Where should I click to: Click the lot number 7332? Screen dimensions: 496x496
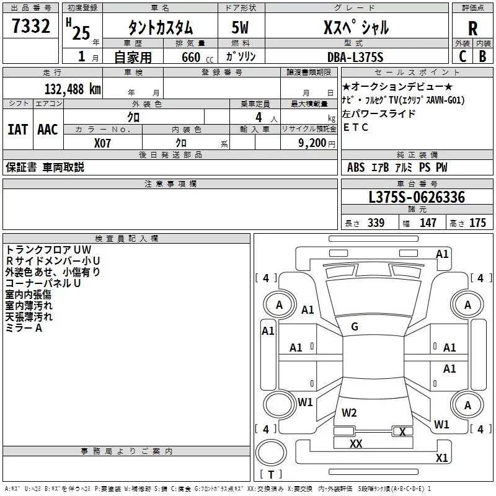(x=32, y=27)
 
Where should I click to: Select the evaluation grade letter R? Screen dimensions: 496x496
(x=472, y=28)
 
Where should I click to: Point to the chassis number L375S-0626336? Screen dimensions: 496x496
(x=417, y=198)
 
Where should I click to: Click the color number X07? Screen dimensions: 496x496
(x=103, y=143)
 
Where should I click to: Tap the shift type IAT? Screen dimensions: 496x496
(x=17, y=130)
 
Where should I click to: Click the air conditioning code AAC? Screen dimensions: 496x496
(x=47, y=130)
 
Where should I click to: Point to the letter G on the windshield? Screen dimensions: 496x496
(x=355, y=327)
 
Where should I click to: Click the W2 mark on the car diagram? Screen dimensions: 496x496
(x=349, y=412)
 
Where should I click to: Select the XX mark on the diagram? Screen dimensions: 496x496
(x=356, y=443)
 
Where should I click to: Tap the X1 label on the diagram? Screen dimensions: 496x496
(x=441, y=458)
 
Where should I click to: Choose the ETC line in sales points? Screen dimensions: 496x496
(x=356, y=128)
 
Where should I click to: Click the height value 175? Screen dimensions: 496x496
(x=477, y=223)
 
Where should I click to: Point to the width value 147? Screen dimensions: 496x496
(x=428, y=223)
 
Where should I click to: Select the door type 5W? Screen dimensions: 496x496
(x=241, y=28)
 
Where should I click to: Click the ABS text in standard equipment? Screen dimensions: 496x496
(x=356, y=167)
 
